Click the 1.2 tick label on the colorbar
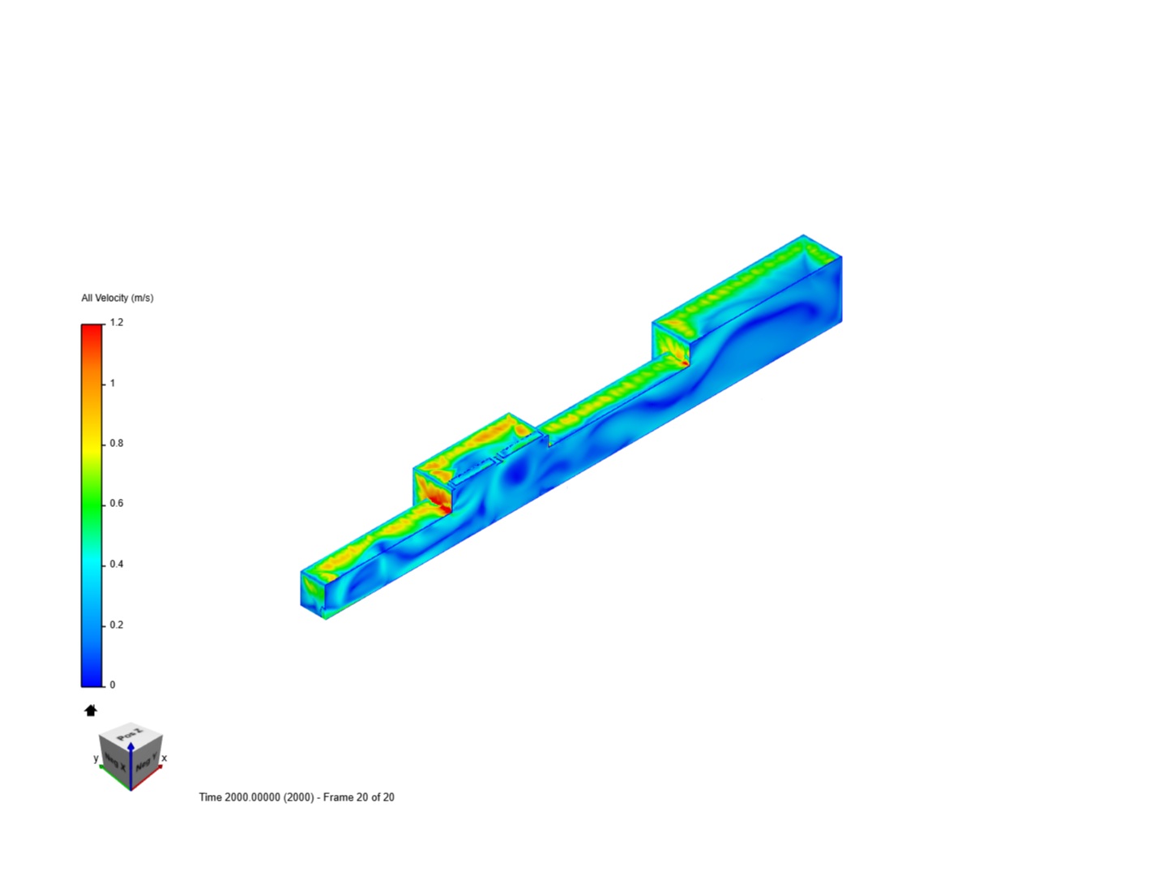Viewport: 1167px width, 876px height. click(x=117, y=323)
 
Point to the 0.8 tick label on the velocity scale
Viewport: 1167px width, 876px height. click(x=117, y=444)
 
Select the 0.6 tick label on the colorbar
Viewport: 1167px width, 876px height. click(x=117, y=504)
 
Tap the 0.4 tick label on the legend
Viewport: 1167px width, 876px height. click(x=117, y=565)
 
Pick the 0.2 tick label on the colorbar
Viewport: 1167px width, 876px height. click(x=117, y=625)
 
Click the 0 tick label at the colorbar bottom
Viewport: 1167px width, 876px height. click(x=113, y=685)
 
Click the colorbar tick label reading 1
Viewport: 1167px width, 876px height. click(x=113, y=384)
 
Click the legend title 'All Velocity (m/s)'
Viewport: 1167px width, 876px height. click(x=118, y=298)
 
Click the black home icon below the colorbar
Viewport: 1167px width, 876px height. click(x=91, y=711)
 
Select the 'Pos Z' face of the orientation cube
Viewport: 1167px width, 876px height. click(x=130, y=735)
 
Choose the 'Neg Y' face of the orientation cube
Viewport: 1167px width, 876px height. click(x=145, y=763)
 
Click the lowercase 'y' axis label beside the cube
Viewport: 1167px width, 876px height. click(x=96, y=758)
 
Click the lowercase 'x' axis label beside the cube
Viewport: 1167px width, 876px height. click(x=165, y=758)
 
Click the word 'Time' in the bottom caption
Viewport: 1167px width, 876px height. click(x=210, y=797)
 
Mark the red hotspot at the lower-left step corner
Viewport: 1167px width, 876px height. click(x=442, y=506)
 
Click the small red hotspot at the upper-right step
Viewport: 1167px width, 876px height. click(x=685, y=363)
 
